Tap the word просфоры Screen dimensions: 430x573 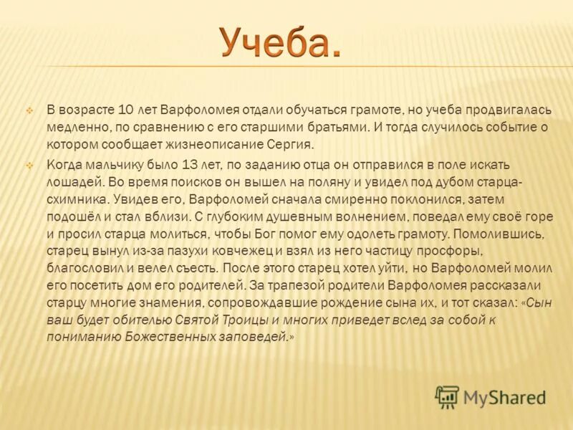click(x=455, y=250)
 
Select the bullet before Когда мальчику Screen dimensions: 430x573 click(x=29, y=165)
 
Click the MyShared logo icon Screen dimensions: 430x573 click(x=447, y=396)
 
